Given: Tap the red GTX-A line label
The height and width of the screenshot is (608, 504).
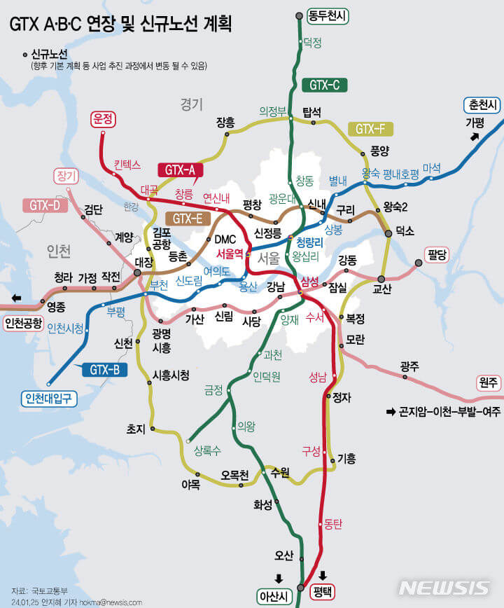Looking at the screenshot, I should coord(180,169).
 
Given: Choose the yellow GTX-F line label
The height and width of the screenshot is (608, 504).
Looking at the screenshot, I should coord(370,129).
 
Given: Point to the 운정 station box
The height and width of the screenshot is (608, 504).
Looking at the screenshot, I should coord(103,119).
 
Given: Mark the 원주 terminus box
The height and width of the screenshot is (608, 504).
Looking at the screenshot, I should coord(488,382).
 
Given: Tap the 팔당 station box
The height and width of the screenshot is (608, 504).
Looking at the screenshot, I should coord(440,254).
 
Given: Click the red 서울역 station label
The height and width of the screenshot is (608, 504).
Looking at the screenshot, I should coord(230,253).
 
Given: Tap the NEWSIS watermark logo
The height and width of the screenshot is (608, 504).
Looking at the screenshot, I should coord(444,588).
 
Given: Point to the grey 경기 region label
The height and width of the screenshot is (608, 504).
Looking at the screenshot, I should coord(191,104).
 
